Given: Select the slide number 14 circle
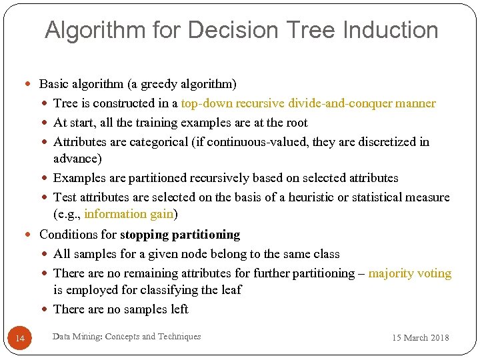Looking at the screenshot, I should point(19,339).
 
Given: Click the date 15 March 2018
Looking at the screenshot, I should point(420,337).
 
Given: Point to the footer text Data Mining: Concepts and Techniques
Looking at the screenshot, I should point(126,337).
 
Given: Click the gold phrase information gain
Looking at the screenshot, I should point(129,214).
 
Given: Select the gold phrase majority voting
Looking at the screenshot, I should point(409,273).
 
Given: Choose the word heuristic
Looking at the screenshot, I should point(299,197).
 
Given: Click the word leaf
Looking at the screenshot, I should point(231,290).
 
